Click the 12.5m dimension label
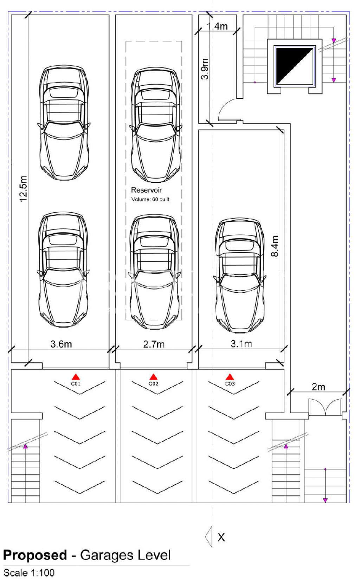point(23,188)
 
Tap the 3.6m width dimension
point(61,344)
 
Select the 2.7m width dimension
point(154,344)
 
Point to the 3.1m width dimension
point(241,344)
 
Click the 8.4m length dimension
point(275,246)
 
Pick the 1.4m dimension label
point(217,26)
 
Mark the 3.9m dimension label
point(205,69)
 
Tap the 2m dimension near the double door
point(319,387)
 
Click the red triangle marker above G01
point(76,377)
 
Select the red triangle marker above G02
point(153,377)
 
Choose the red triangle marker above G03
point(230,377)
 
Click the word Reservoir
point(146,190)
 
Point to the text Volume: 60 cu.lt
point(150,199)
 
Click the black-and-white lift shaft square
point(295,66)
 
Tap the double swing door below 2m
point(326,407)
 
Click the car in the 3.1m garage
point(240,276)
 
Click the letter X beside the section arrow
point(221,537)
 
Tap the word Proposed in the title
point(35,555)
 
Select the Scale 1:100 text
point(29,573)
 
